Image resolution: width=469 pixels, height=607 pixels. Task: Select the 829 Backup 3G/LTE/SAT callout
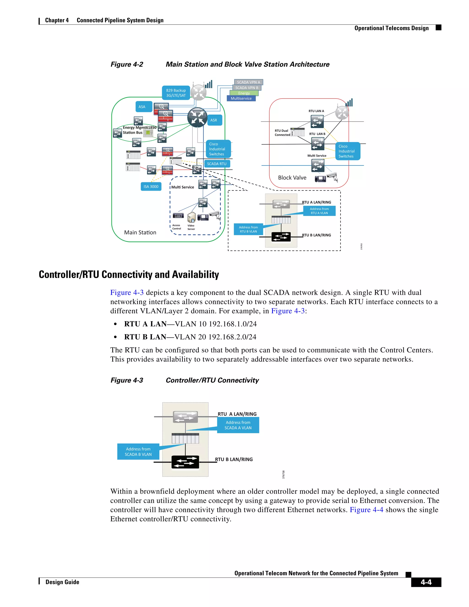tap(176, 93)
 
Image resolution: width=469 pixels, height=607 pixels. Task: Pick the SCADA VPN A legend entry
tap(248, 82)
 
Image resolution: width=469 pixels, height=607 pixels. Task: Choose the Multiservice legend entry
tap(241, 98)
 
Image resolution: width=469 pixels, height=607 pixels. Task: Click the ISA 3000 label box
tap(151, 186)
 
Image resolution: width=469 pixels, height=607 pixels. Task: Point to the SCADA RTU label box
tap(217, 164)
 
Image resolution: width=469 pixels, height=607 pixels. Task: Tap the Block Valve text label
tap(292, 178)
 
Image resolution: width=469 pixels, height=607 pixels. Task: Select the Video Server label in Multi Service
tap(191, 227)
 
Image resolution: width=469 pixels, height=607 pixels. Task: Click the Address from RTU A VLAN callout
tap(319, 211)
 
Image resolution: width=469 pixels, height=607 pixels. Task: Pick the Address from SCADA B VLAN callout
tap(138, 451)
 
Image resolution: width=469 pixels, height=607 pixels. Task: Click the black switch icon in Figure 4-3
tap(185, 462)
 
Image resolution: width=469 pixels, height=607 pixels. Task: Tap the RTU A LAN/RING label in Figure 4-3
tap(237, 414)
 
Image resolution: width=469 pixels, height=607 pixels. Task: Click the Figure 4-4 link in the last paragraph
tap(366, 509)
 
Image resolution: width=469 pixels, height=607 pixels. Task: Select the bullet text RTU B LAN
tap(145, 337)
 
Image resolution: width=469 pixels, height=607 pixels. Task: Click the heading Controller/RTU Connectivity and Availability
tap(129, 274)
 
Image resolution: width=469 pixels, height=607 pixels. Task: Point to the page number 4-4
tap(426, 582)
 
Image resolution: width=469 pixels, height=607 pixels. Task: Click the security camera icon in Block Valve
tap(332, 177)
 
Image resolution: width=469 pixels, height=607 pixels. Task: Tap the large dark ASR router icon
tap(197, 117)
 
